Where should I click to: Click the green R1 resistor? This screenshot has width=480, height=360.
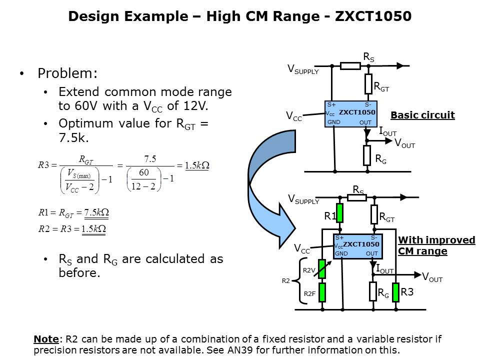pyautogui.click(x=340, y=213)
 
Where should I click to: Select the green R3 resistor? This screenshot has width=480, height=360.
pyautogui.click(x=395, y=292)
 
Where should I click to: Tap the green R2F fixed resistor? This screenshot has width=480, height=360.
pyautogui.click(x=322, y=292)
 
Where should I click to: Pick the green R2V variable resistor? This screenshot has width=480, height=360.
pyautogui.click(x=322, y=268)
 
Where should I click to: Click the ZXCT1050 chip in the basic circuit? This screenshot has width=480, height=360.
pyautogui.click(x=350, y=113)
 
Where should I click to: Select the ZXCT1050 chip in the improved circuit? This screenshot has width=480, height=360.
pyautogui.click(x=357, y=246)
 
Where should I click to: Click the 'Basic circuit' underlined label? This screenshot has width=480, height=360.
pyautogui.click(x=422, y=115)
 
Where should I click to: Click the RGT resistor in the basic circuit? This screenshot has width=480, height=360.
pyautogui.click(x=368, y=83)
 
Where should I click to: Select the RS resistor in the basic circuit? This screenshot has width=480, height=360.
pyautogui.click(x=350, y=65)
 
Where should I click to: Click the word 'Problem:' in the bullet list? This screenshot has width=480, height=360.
pyautogui.click(x=68, y=73)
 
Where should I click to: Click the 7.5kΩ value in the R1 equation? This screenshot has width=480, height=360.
pyautogui.click(x=96, y=212)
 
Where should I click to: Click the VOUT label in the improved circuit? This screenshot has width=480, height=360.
pyautogui.click(x=432, y=277)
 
